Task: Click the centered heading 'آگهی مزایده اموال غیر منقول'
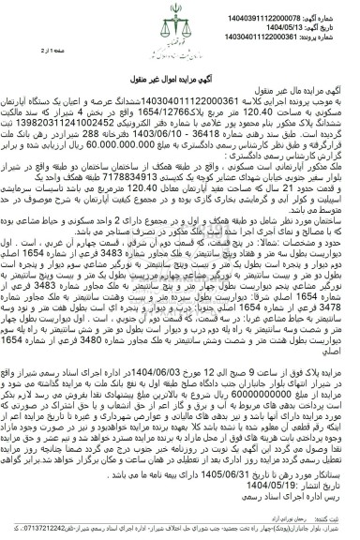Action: (181, 72)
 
